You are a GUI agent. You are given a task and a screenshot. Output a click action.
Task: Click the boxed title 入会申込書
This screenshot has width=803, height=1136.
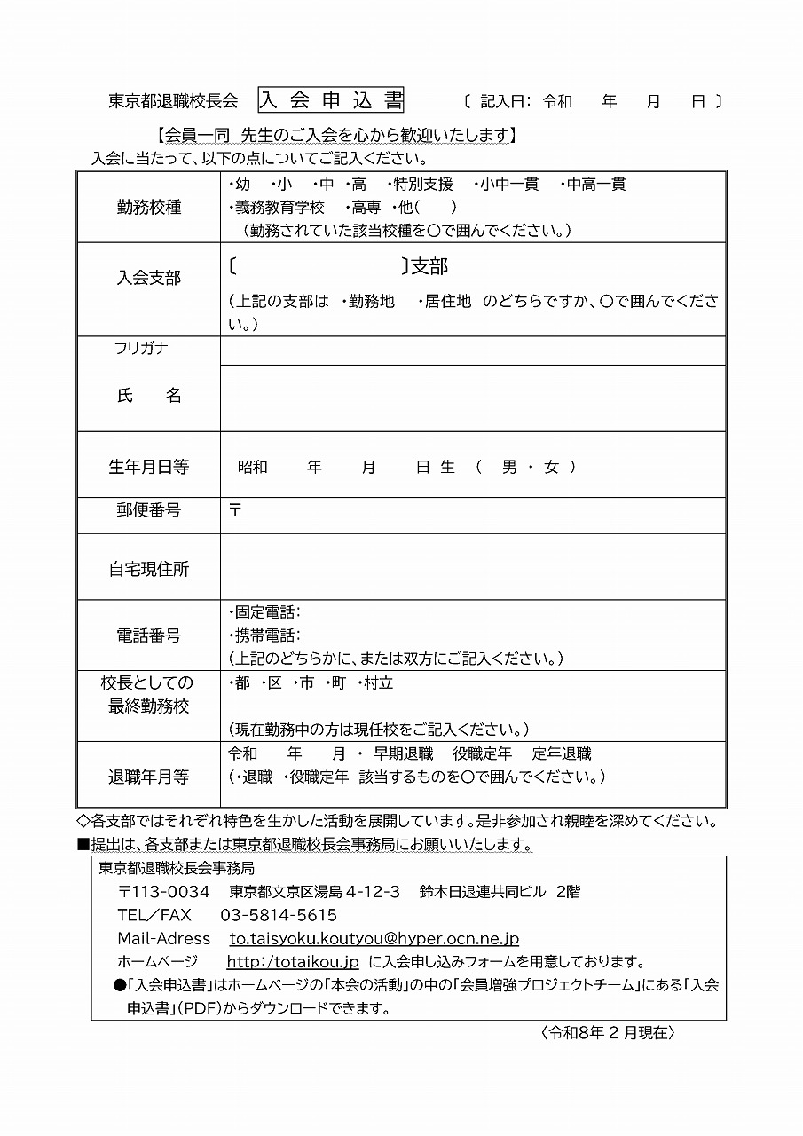coord(331,100)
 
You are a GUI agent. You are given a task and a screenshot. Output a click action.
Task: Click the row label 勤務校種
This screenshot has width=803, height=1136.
coord(149,207)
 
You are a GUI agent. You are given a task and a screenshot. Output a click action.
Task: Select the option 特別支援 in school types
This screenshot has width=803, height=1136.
coord(423,185)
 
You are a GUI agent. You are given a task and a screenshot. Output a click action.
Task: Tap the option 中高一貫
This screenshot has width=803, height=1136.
coord(596,185)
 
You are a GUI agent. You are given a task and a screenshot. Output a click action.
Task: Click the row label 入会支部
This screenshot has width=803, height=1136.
coord(149,278)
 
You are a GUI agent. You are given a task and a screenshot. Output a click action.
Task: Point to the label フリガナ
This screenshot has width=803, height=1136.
coord(141,349)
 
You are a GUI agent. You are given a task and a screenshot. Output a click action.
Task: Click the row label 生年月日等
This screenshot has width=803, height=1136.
coord(149,467)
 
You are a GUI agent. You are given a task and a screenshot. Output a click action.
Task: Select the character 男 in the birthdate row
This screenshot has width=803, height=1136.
coord(509,467)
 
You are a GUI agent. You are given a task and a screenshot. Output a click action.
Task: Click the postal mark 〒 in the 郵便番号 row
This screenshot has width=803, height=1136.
coord(235,510)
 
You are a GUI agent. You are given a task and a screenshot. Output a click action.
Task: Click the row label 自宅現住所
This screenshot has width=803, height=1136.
coord(149,569)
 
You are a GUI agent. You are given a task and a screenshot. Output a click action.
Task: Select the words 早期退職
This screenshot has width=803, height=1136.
coord(403,754)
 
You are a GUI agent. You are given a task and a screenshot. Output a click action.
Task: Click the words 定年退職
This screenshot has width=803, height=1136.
coord(562,754)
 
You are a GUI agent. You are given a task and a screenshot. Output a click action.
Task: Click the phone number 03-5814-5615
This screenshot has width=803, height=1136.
coord(279,915)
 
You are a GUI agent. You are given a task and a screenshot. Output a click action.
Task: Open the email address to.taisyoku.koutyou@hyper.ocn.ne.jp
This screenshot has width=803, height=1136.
coord(374,938)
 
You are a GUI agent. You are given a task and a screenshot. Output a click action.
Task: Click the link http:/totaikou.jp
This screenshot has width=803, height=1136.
coord(293,961)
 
